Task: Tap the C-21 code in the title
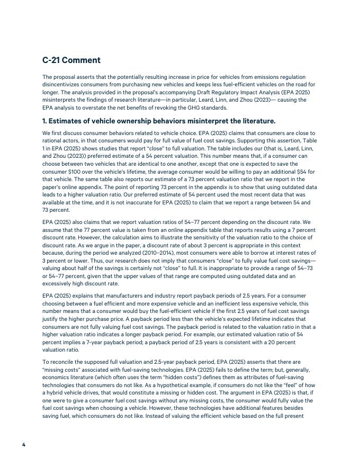pos(52,60)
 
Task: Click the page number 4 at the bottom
pos(24,444)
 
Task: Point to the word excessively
pos(60,283)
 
